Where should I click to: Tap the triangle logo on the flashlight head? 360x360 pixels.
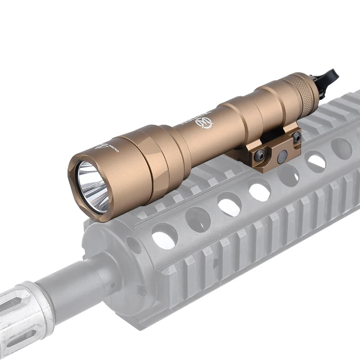pos(102,146)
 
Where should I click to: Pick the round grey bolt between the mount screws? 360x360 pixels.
pos(282,156)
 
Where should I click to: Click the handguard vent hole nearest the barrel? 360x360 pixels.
pos(164,235)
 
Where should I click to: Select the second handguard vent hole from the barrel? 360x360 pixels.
pos(198,219)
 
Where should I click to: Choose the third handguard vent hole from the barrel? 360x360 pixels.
pos(229,204)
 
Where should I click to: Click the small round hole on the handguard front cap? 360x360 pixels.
pos(134,245)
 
